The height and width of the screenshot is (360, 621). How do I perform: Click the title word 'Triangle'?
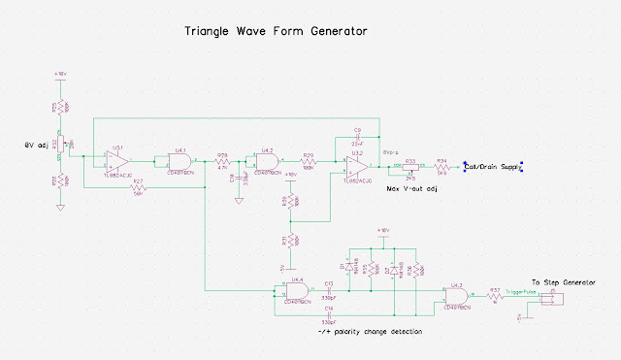pyautogui.click(x=211, y=32)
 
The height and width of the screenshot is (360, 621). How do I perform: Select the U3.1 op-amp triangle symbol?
pyautogui.click(x=117, y=156)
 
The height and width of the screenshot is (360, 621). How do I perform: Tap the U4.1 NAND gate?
pyautogui.click(x=180, y=160)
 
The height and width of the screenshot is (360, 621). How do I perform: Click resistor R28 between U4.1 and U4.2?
pyautogui.click(x=223, y=161)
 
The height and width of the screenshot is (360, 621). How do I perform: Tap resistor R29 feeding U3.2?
pyautogui.click(x=310, y=160)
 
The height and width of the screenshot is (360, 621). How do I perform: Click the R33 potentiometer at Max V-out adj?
pyautogui.click(x=410, y=167)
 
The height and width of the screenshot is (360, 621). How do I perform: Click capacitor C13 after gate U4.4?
pyautogui.click(x=330, y=291)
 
